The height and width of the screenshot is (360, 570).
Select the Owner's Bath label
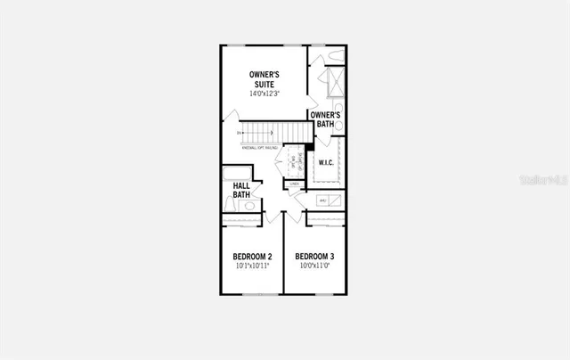(x=325, y=119)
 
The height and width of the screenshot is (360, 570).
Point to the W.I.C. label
(x=327, y=163)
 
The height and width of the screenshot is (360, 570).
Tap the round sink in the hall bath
(x=250, y=206)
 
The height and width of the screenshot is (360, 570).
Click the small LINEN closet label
(x=294, y=184)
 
